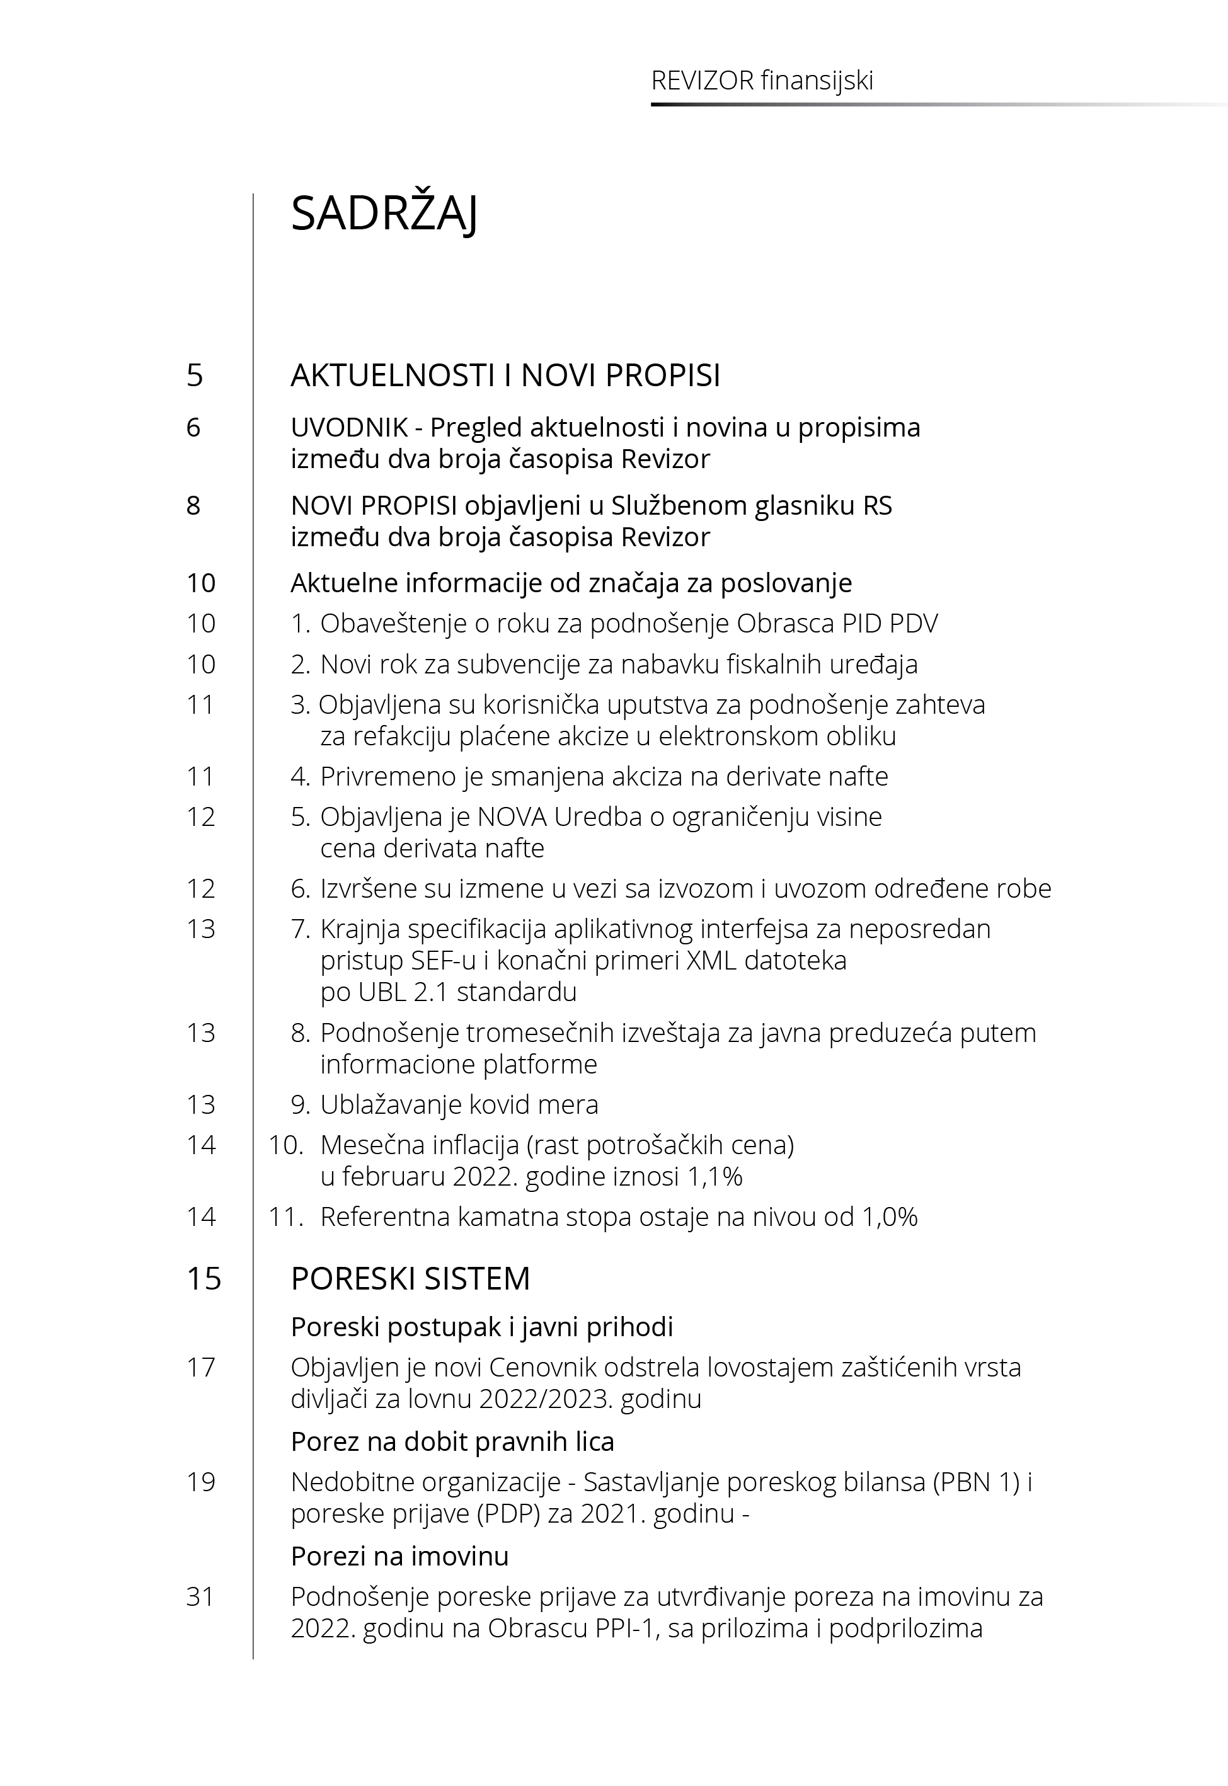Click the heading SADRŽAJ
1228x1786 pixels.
tap(384, 214)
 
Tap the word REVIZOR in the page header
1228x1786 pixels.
tap(702, 81)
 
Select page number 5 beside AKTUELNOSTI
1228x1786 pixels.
tap(195, 375)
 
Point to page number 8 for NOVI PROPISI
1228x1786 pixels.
tap(193, 505)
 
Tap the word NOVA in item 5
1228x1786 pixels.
tap(512, 817)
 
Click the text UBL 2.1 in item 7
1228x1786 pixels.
tap(405, 992)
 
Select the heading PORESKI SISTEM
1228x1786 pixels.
tap(410, 1279)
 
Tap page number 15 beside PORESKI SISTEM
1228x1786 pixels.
tap(204, 1279)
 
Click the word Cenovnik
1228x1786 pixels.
tap(542, 1368)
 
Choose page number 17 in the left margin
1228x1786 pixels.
tap(201, 1368)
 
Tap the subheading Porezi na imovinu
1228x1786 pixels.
tap(399, 1557)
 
